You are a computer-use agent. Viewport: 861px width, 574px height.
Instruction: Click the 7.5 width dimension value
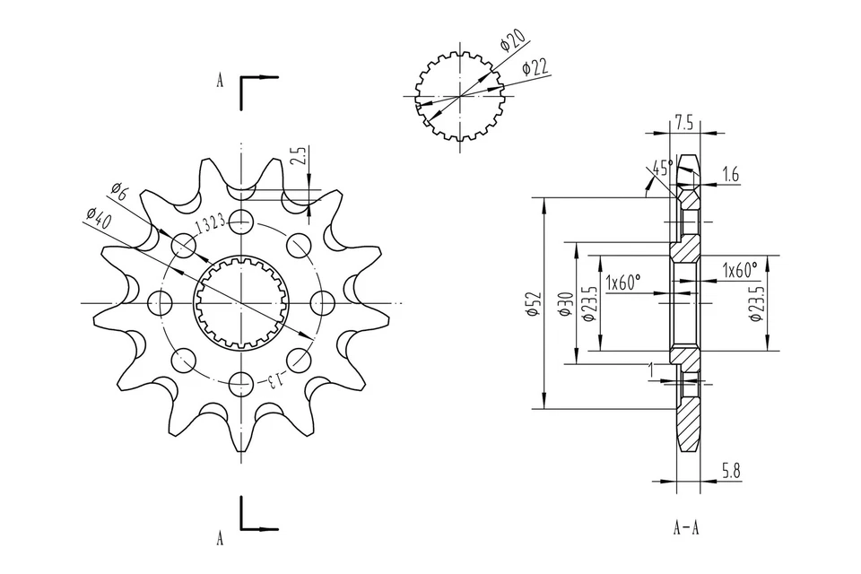[683, 120]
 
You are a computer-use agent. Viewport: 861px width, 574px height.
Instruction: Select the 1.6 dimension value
[730, 176]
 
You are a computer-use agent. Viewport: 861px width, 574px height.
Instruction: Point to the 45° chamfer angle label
[663, 168]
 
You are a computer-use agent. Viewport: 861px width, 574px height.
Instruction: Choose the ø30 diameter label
[565, 304]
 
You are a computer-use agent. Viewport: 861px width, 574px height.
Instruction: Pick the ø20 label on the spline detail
[513, 41]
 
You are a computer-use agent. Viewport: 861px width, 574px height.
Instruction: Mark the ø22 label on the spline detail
[535, 67]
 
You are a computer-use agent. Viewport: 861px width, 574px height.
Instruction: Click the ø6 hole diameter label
[120, 189]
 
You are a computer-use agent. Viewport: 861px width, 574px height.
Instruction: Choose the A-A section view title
[686, 527]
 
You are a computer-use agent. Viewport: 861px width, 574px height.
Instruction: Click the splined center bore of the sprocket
[239, 302]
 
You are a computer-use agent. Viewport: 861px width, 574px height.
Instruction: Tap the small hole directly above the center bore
[239, 219]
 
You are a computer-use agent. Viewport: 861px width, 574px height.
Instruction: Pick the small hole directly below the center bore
[239, 385]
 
